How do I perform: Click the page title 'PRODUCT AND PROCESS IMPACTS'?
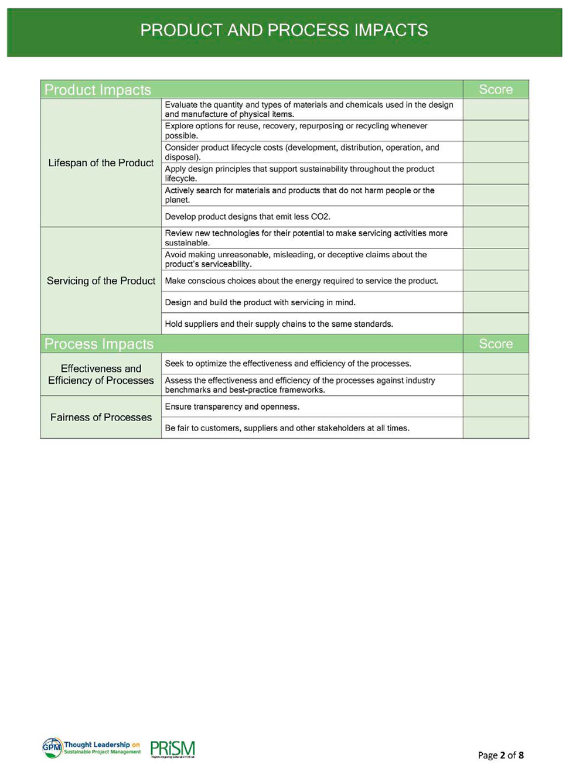[284, 30]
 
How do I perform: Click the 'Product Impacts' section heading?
[98, 90]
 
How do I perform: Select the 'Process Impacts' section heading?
[99, 344]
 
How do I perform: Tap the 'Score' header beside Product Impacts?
[496, 90]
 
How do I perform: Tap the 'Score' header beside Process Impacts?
[496, 344]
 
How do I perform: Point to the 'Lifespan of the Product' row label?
[101, 163]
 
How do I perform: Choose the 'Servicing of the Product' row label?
[101, 281]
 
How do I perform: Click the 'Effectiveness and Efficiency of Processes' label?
[101, 374]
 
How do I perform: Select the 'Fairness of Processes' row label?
[101, 417]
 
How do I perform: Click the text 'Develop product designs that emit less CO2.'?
[247, 217]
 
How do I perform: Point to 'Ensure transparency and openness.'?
[232, 407]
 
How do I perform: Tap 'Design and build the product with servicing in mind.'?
[260, 302]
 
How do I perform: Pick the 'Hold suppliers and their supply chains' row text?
[279, 324]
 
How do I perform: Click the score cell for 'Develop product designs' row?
[496, 217]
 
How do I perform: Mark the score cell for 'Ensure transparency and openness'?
[496, 407]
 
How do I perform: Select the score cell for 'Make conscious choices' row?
[496, 281]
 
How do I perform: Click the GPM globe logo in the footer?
[52, 747]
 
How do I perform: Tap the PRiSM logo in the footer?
[172, 749]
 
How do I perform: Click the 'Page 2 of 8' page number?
[500, 755]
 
